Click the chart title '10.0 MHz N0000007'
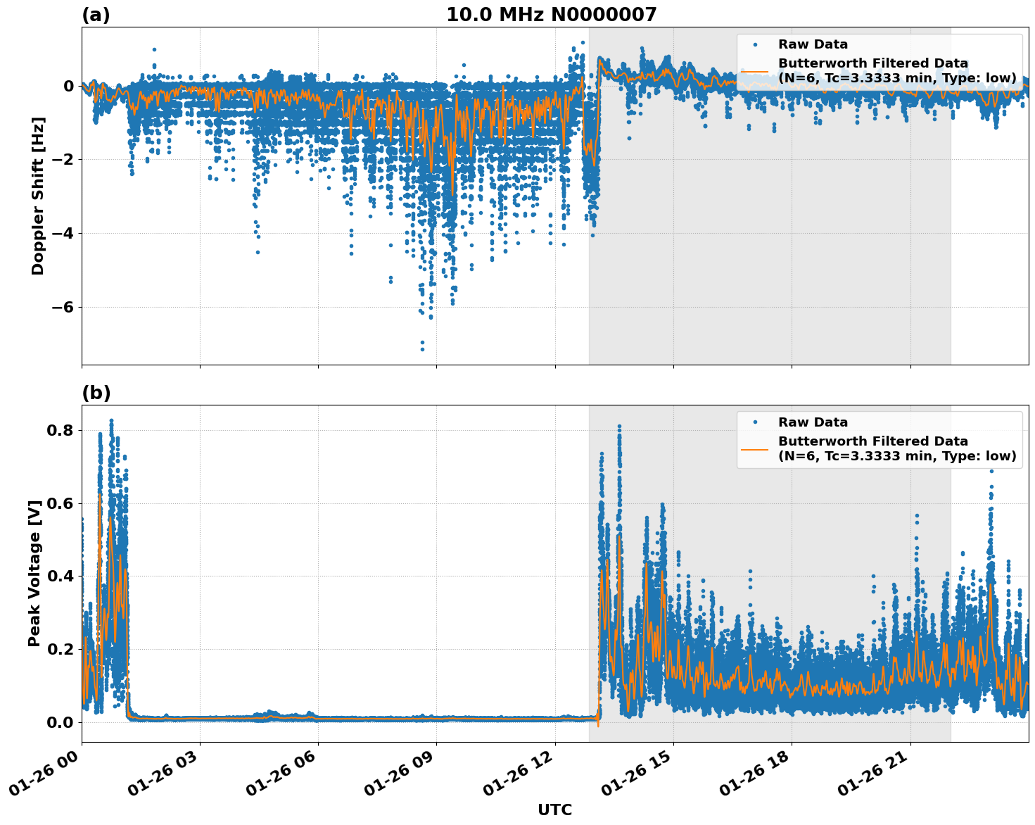[551, 15]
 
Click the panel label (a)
[96, 15]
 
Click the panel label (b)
[96, 393]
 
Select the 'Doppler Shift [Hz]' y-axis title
[38, 196]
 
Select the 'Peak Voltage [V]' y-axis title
[34, 573]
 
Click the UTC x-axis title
[554, 810]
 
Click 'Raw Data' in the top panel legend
[813, 44]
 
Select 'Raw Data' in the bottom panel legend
[813, 422]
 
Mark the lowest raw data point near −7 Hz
[422, 348]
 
